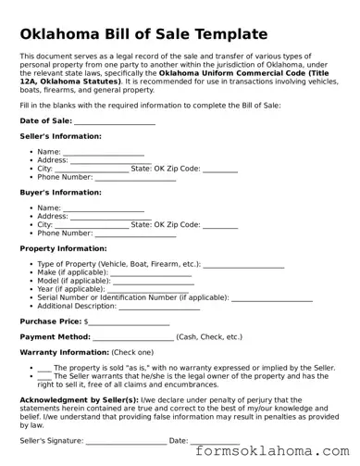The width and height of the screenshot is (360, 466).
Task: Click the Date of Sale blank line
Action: pos(114,121)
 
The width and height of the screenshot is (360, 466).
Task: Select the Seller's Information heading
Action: pos(60,136)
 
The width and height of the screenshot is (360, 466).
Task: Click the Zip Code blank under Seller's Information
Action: pos(219,169)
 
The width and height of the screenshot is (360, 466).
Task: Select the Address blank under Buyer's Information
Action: pos(110,217)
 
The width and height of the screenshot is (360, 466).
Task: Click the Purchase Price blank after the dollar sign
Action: pos(129,321)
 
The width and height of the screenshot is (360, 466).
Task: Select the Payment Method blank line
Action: pos(132,337)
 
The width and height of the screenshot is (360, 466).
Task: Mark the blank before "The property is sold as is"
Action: pos(44,368)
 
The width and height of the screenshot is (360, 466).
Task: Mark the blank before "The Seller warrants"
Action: pos(44,376)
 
